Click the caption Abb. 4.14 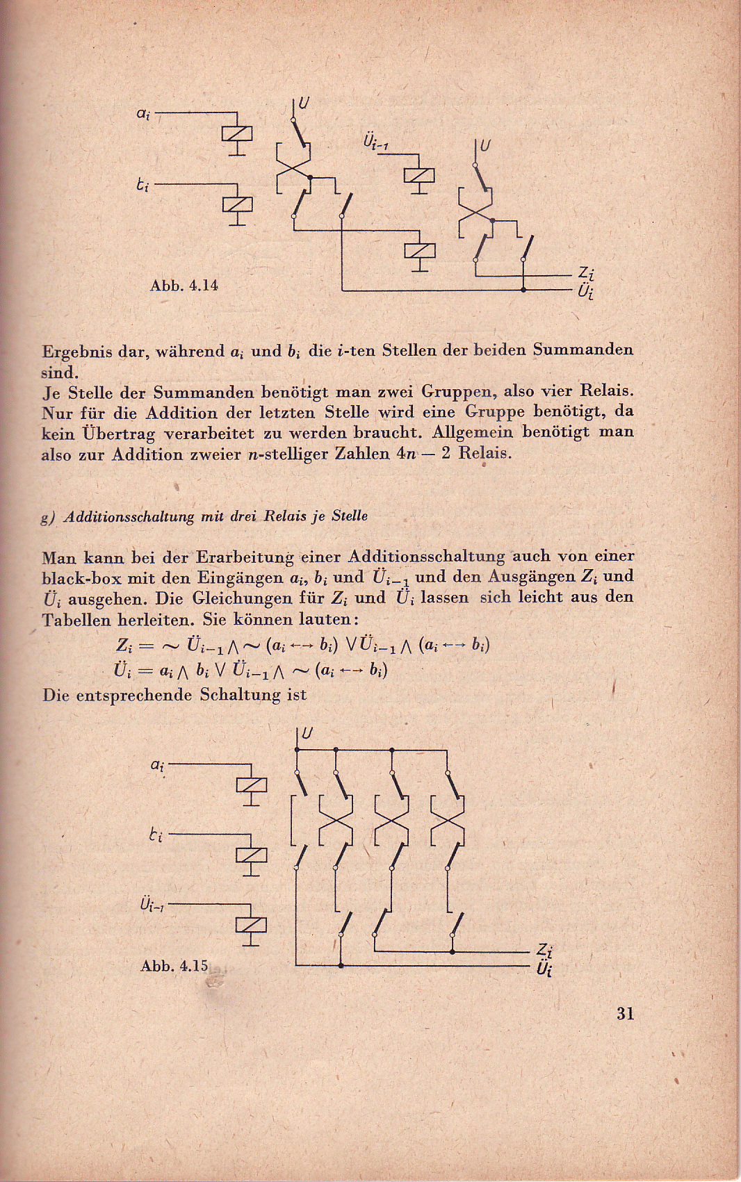click(184, 286)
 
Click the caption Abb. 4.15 click(174, 966)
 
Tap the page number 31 click(625, 1013)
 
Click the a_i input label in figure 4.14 click(142, 113)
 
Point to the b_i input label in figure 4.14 click(142, 186)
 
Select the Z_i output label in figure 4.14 click(585, 273)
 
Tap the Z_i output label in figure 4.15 click(544, 951)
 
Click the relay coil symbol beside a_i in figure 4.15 click(251, 785)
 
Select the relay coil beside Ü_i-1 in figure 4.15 click(251, 925)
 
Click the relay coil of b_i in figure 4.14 click(237, 204)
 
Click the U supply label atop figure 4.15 click(307, 734)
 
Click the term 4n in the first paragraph click(406, 454)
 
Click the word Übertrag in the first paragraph click(119, 434)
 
